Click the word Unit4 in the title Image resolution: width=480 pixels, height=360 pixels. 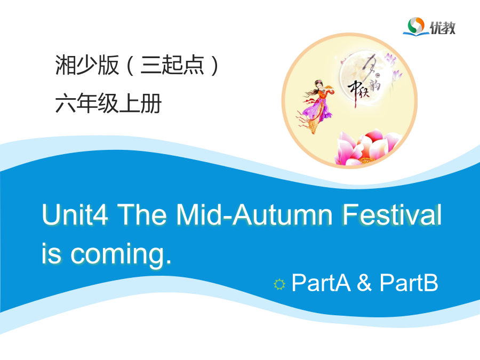click(x=75, y=214)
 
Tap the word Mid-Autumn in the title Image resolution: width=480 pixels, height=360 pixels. click(x=254, y=214)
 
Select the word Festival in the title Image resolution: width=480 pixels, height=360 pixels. click(x=392, y=214)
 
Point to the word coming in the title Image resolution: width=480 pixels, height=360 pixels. click(x=121, y=254)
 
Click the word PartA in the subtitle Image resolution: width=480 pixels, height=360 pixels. click(x=321, y=283)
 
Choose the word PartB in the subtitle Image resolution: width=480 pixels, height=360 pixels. click(x=409, y=283)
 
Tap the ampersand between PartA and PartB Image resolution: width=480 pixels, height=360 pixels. click(x=364, y=283)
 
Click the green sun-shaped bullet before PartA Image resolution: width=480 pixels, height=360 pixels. click(x=279, y=284)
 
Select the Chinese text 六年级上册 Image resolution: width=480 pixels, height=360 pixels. click(x=108, y=103)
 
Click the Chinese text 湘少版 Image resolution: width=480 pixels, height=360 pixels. click(x=87, y=65)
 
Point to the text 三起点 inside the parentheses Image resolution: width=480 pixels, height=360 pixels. click(x=172, y=65)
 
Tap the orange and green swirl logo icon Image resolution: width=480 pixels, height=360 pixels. click(x=415, y=26)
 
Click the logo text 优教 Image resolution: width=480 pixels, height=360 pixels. click(x=442, y=28)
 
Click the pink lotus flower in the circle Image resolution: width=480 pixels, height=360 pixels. click(x=367, y=148)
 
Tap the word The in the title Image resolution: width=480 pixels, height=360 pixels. click(x=142, y=214)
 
